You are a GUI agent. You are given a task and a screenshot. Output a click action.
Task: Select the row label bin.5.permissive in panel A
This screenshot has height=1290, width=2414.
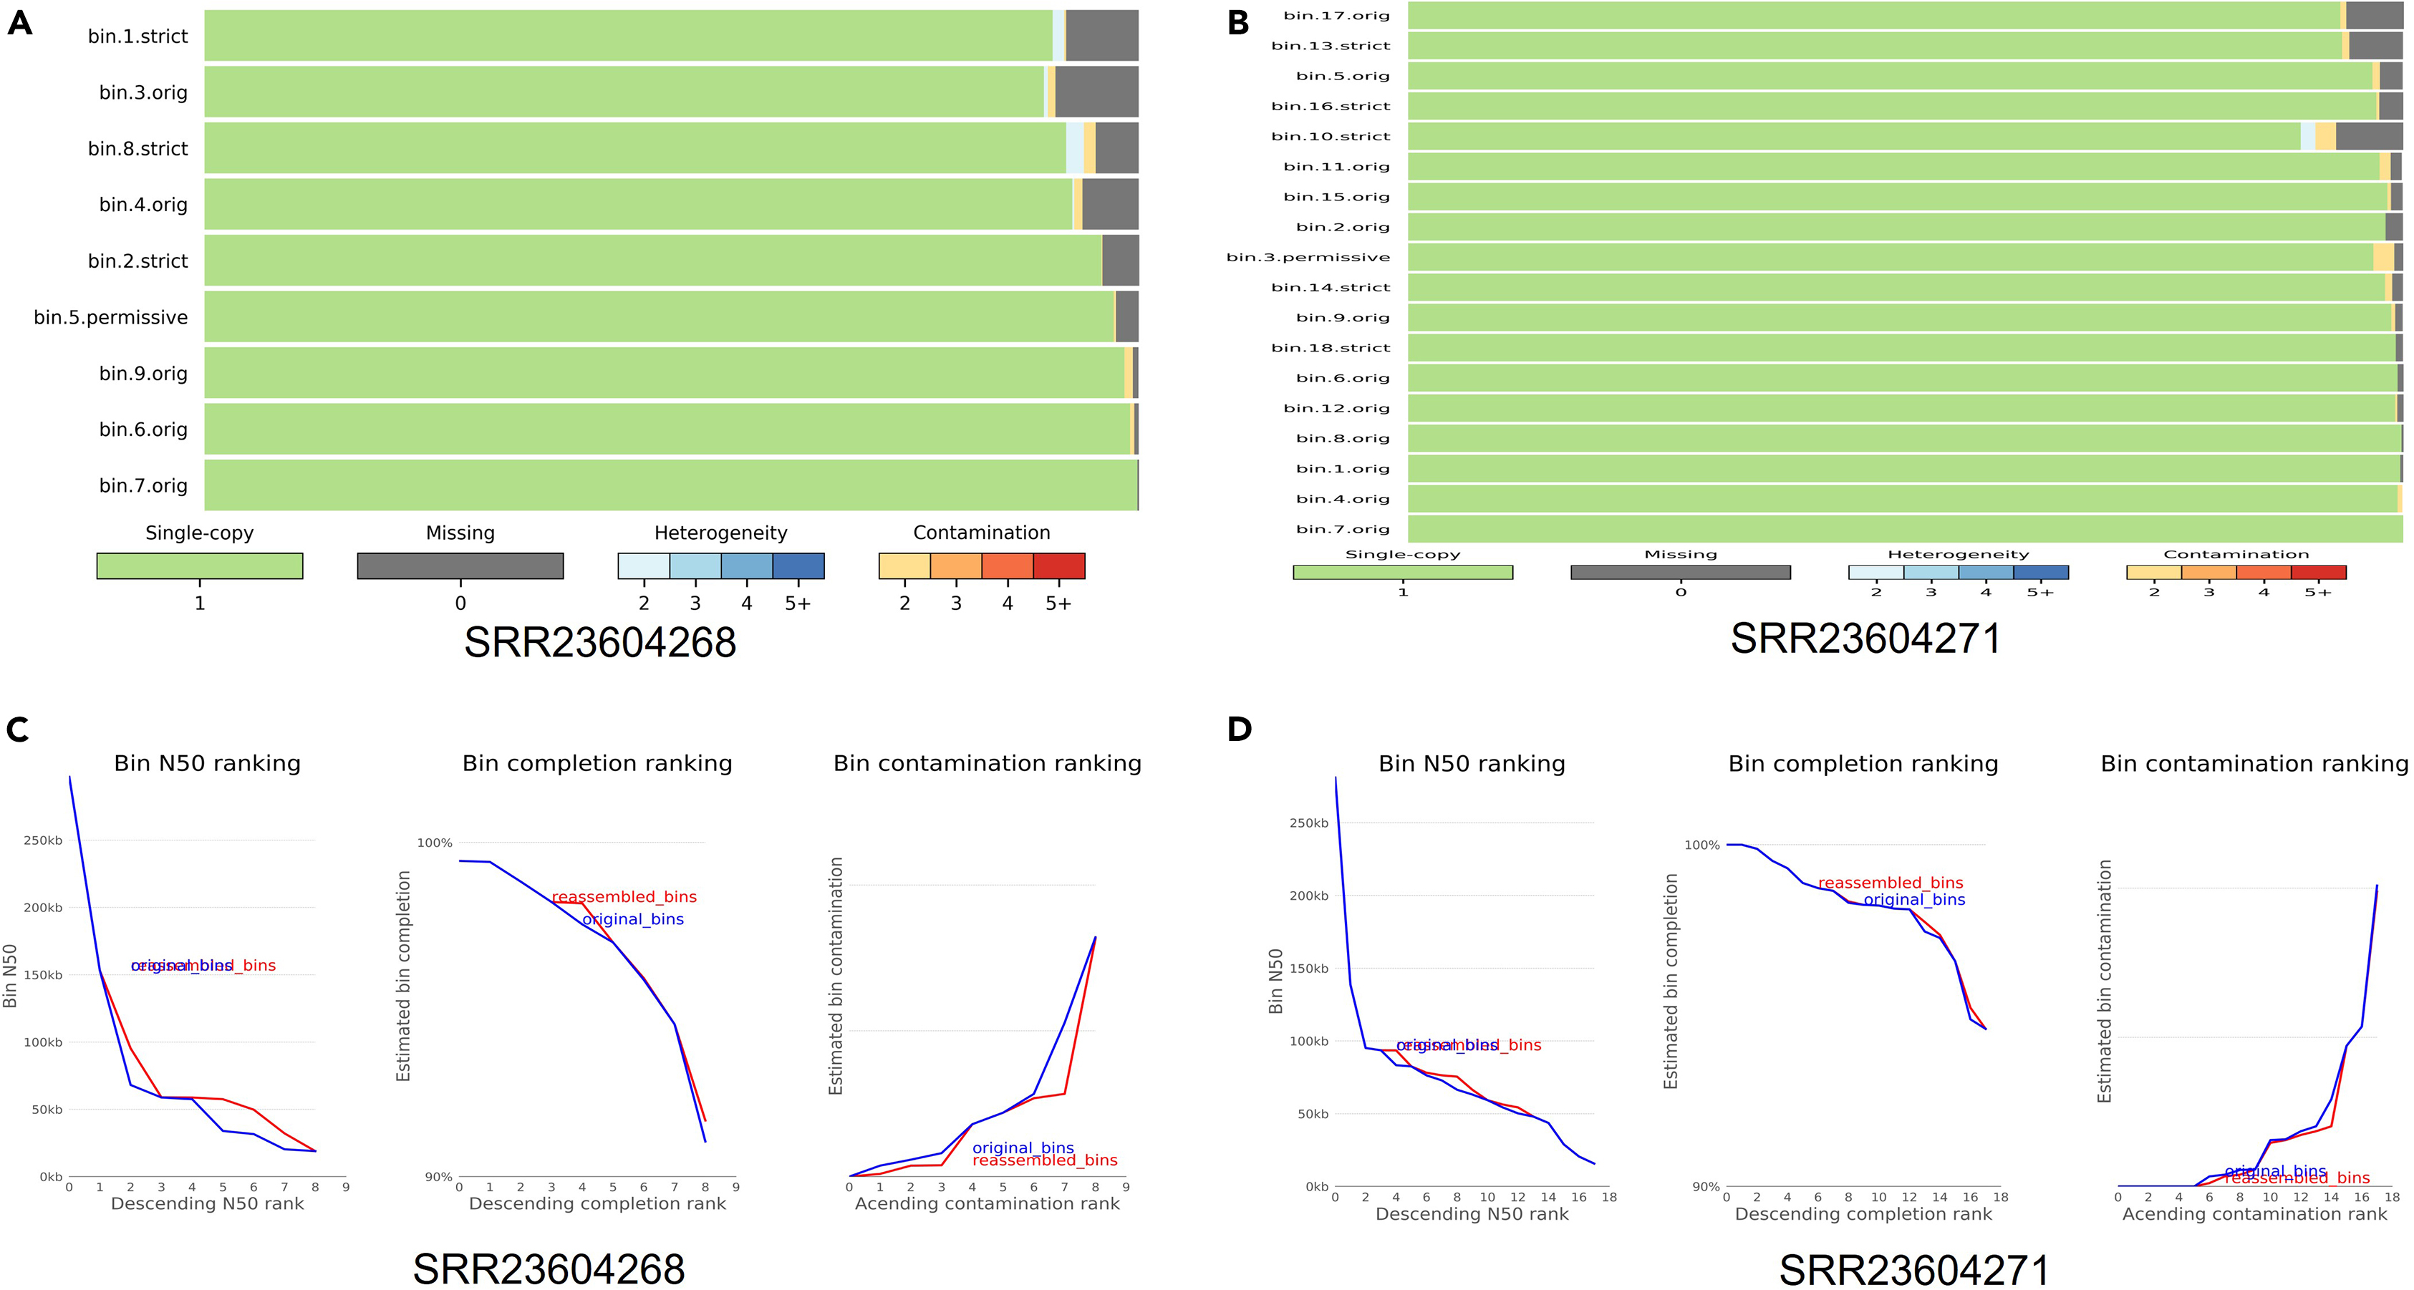click(110, 318)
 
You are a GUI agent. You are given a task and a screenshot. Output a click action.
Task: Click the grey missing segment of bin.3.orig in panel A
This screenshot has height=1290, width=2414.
click(1096, 92)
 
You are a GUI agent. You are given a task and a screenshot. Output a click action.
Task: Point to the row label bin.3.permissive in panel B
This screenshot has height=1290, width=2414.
click(1308, 258)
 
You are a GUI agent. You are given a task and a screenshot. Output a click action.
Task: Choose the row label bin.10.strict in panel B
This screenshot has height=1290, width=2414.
click(1331, 137)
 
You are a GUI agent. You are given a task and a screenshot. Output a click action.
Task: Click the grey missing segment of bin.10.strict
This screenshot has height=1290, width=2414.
click(2369, 137)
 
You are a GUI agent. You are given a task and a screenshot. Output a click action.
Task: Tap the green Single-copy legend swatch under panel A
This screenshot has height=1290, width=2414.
click(200, 566)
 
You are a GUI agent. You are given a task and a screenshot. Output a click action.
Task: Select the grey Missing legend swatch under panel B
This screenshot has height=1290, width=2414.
click(1680, 573)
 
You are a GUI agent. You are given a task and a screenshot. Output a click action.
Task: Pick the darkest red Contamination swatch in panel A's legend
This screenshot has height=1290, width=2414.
click(1059, 566)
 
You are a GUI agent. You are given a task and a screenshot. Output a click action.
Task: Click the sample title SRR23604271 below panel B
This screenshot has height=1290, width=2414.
click(1865, 639)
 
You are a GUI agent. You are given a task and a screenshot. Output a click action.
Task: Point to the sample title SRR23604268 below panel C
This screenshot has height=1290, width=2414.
click(549, 1269)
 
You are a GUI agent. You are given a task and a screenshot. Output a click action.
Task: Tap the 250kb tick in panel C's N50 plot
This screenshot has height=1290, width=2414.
click(43, 840)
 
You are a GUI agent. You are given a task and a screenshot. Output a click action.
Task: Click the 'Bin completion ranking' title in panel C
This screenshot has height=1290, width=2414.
click(597, 764)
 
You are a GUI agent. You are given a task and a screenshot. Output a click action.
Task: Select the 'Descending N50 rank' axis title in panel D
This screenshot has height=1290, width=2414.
click(1472, 1214)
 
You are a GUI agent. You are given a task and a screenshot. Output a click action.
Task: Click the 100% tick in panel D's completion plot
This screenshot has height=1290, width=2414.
click(1701, 845)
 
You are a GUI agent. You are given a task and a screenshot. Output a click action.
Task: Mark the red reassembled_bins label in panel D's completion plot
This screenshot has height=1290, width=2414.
click(1890, 883)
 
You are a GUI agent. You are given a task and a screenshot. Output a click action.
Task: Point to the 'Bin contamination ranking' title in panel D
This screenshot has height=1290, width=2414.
click(2254, 764)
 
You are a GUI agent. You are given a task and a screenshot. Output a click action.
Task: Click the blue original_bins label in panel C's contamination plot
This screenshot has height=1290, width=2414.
click(1023, 1148)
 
